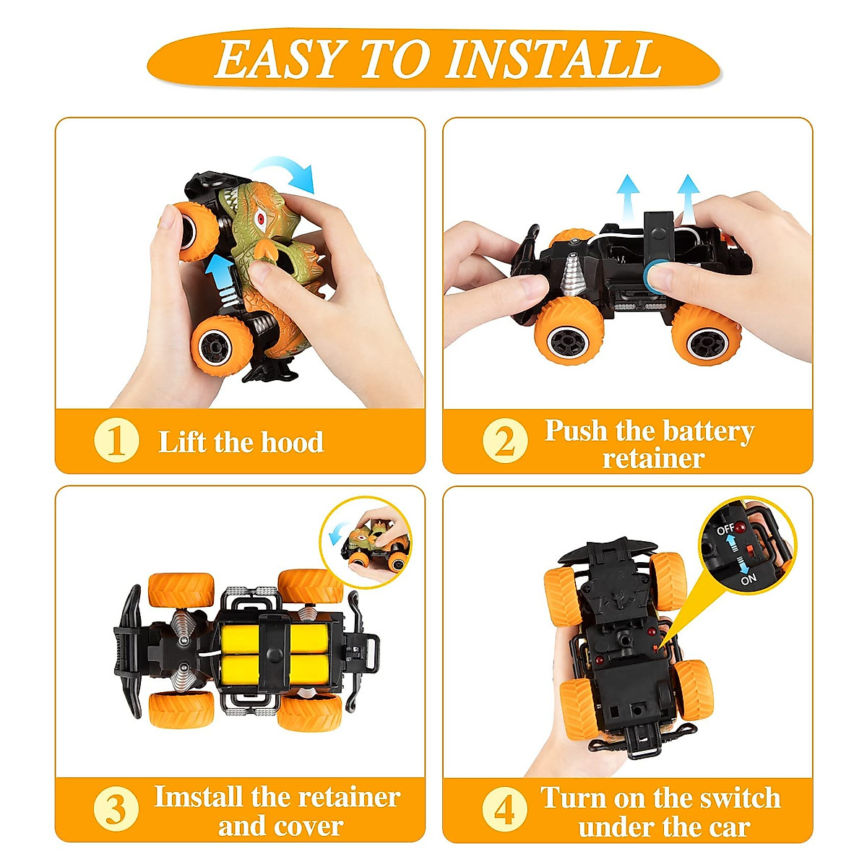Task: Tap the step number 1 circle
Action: click(x=116, y=441)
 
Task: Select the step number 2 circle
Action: click(x=504, y=441)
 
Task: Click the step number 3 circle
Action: click(x=116, y=809)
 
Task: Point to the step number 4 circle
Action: click(x=504, y=810)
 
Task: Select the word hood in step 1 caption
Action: click(x=291, y=442)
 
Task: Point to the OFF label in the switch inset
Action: click(x=725, y=530)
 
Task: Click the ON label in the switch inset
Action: click(x=749, y=579)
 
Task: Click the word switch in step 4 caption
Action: click(x=739, y=798)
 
